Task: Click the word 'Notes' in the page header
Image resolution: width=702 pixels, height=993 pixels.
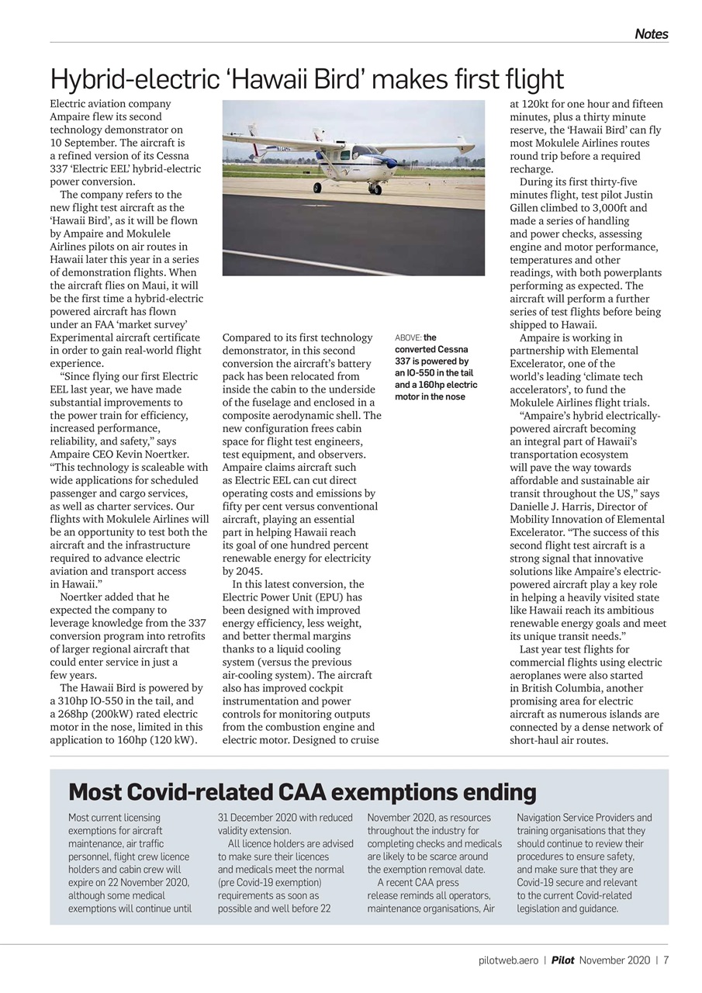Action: coord(651,34)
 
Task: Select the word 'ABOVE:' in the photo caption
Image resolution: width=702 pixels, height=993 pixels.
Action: coord(409,338)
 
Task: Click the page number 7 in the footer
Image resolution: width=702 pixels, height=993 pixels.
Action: coord(666,960)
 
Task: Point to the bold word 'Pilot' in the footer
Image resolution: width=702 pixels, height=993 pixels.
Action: coord(563,960)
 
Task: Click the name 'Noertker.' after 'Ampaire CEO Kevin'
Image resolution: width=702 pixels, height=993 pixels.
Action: coord(165,454)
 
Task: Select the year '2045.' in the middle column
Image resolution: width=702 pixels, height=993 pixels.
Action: coord(238,571)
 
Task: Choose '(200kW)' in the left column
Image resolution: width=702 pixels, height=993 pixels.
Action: coord(109,714)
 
